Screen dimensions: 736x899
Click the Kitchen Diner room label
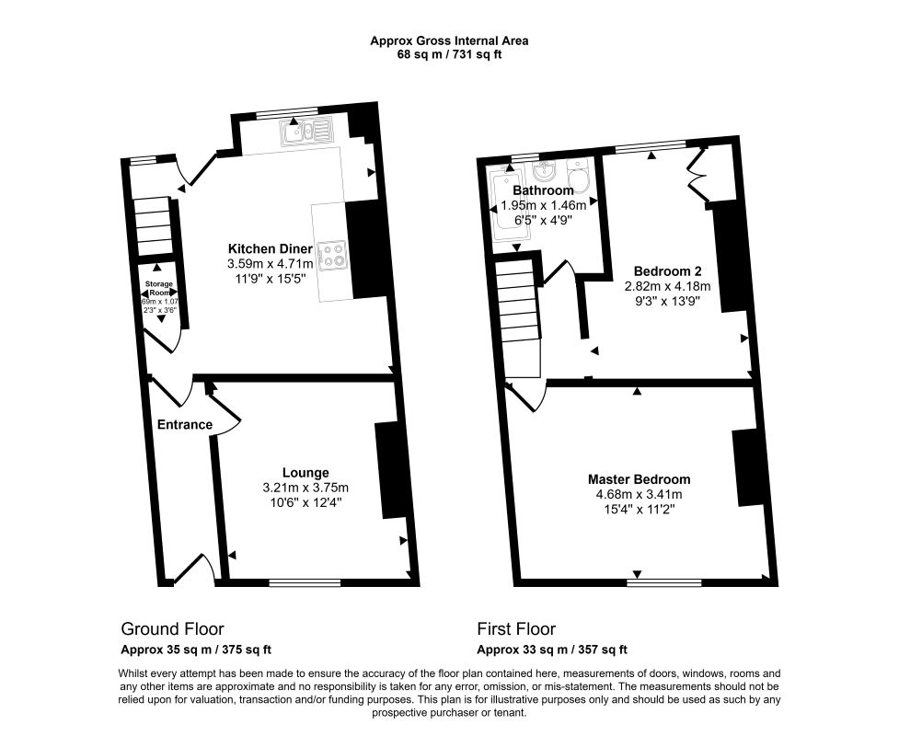tap(271, 248)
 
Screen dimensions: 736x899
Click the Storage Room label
tap(161, 288)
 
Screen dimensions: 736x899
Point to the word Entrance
tap(184, 424)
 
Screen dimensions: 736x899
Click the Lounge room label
tap(305, 473)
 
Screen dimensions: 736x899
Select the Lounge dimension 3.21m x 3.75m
tap(305, 488)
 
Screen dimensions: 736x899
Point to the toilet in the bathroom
tap(578, 174)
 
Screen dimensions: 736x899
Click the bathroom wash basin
tap(544, 171)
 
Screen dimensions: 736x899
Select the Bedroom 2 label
tap(668, 271)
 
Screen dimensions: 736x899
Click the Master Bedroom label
tap(639, 479)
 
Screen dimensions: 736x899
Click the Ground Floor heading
tap(172, 629)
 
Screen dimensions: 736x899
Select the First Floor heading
tap(516, 629)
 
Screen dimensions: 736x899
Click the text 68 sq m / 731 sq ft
tap(449, 54)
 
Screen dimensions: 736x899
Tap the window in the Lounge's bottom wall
tap(305, 581)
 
